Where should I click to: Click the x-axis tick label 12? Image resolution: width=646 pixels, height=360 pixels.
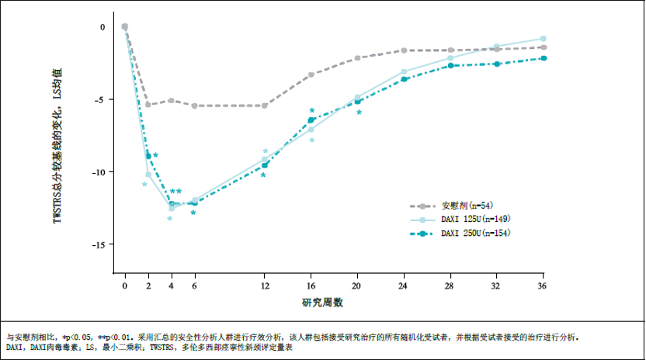coord(264,286)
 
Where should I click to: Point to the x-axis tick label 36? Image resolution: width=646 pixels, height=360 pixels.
coord(543,286)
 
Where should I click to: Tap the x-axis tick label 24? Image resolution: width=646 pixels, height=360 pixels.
coord(403,286)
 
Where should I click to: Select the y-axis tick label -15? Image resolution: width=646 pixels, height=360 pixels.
coord(98,244)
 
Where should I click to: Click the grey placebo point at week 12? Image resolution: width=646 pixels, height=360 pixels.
coord(265,106)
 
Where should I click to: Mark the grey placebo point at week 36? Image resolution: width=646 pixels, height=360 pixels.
coord(543,47)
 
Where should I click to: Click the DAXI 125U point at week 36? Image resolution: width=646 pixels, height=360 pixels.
coord(543,38)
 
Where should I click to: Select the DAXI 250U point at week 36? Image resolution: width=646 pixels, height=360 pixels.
coord(543,58)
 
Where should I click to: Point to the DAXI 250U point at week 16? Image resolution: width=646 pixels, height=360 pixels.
coord(311,120)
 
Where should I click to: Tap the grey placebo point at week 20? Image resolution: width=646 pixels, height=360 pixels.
coord(357,58)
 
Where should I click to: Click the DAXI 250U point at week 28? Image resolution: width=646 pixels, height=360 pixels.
coord(450,66)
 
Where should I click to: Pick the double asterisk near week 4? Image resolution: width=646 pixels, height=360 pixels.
coord(175,192)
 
